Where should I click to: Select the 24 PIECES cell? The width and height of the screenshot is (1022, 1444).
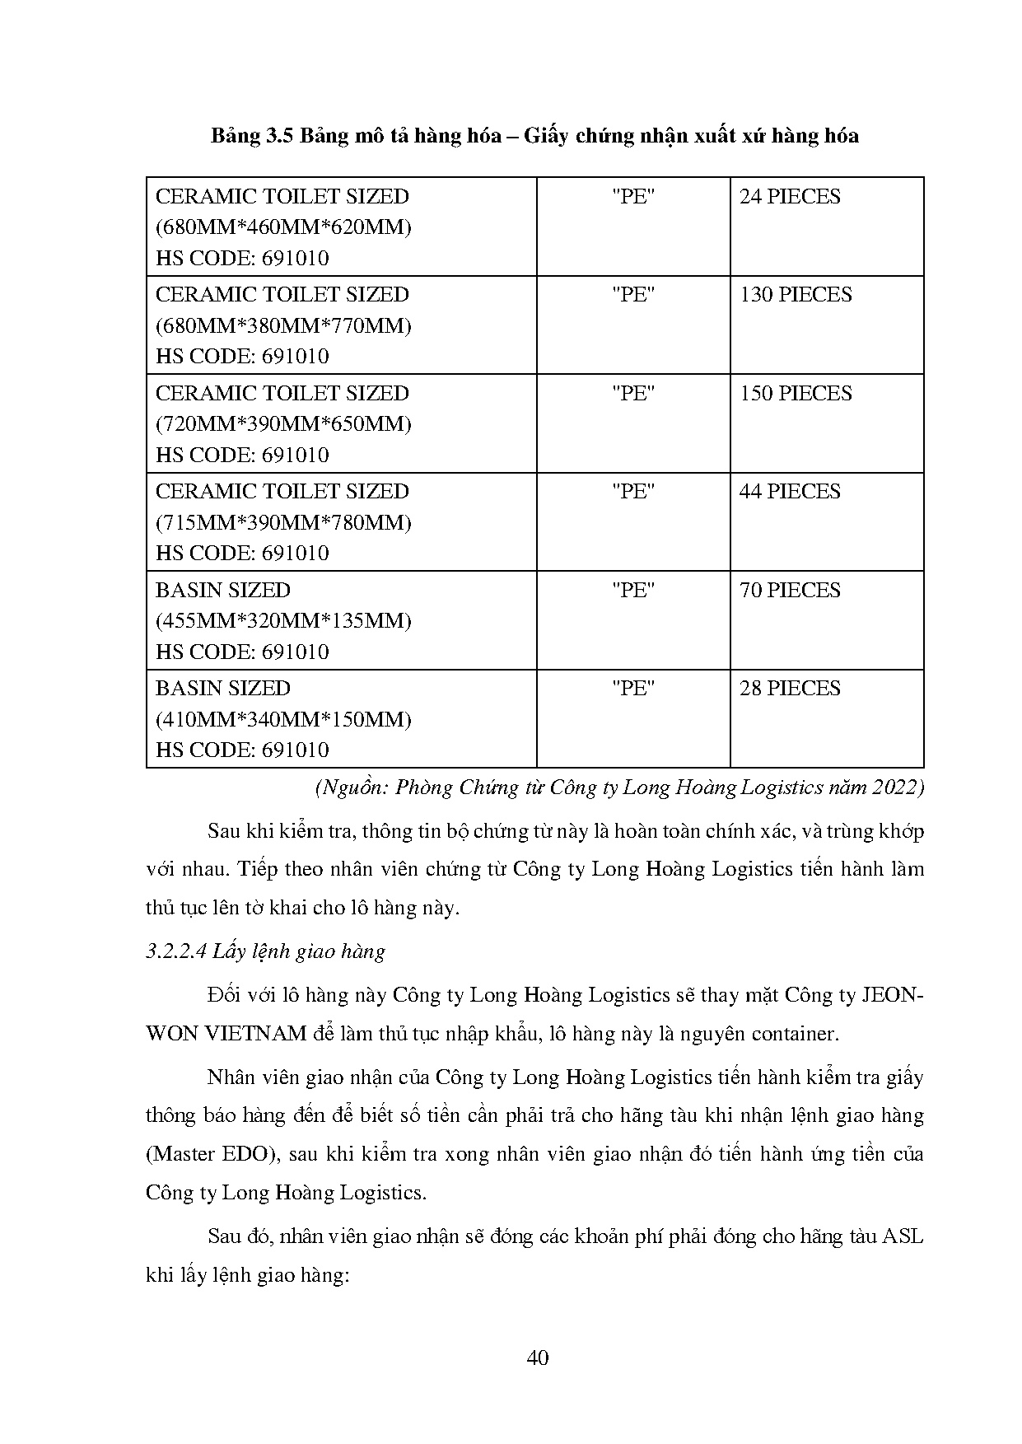point(790,197)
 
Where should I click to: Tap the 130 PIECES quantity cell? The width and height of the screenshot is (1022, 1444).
point(795,295)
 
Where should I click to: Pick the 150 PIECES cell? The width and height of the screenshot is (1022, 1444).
point(795,393)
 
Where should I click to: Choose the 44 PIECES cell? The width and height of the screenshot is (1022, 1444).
point(790,492)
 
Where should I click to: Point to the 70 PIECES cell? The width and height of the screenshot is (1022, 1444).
point(790,590)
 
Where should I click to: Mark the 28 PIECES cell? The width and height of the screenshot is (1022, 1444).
point(790,689)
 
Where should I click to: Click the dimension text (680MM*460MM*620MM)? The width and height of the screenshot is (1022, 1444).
point(283,227)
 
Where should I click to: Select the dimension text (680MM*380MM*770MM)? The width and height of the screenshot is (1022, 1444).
point(283,325)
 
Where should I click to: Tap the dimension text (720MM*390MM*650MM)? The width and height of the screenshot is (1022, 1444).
point(283,424)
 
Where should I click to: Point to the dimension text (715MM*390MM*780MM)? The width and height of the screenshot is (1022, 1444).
point(283,522)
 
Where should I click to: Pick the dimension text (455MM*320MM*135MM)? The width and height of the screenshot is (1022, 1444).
point(283,621)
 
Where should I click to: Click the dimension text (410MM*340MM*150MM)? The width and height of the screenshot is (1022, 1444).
point(283,719)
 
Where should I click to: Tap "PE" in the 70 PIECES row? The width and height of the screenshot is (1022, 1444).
point(632,590)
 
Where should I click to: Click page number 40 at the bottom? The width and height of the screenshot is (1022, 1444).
point(537,1358)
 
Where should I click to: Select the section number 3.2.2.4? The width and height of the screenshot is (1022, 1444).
point(175,952)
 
